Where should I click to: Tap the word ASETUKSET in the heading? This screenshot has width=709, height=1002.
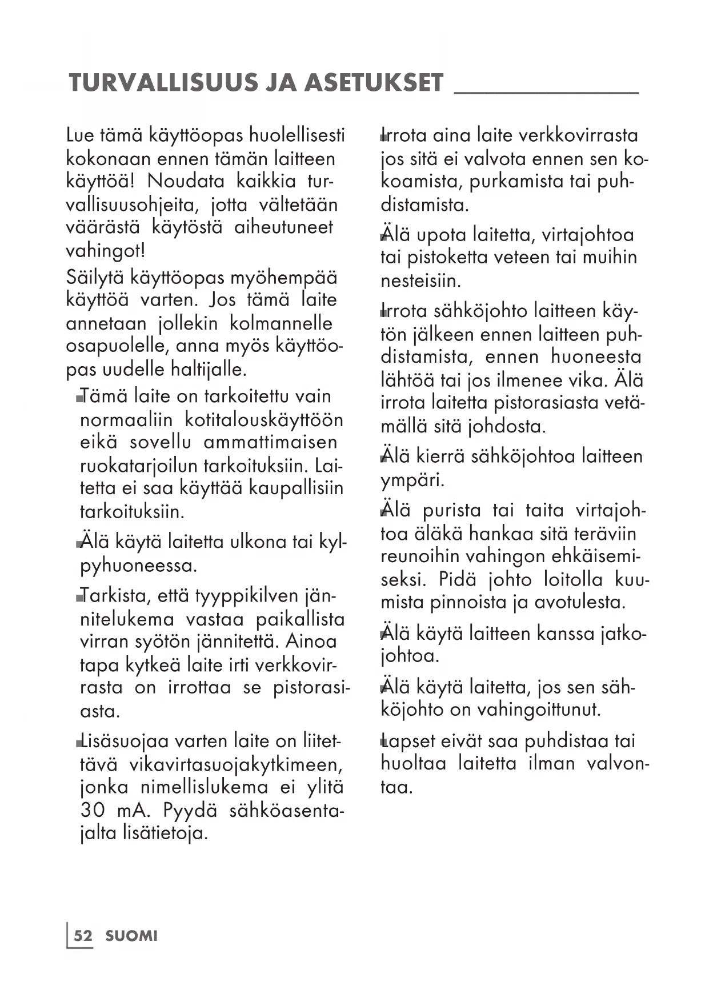(x=374, y=83)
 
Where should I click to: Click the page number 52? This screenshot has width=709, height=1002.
(x=83, y=936)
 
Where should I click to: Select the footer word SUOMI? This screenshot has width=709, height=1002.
(x=131, y=936)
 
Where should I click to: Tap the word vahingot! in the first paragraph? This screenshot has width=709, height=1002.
(x=106, y=251)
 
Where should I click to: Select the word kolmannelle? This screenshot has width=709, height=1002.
(x=281, y=323)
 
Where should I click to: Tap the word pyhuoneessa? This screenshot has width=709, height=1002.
(x=138, y=566)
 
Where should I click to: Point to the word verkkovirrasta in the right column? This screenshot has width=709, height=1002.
(x=578, y=135)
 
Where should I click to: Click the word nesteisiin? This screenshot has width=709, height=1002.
(x=420, y=281)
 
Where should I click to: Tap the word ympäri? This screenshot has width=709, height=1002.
(x=412, y=480)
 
